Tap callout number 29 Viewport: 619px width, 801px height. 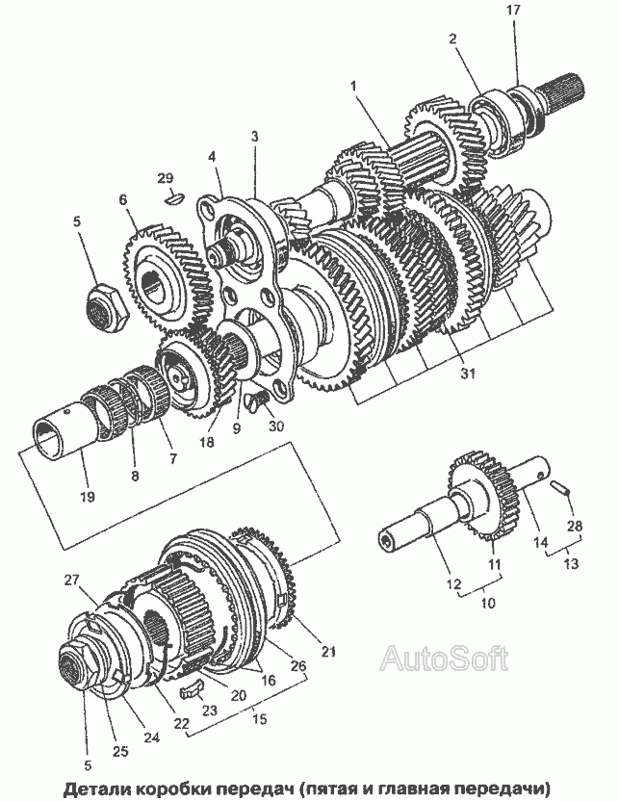click(166, 178)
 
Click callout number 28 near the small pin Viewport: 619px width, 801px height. click(575, 525)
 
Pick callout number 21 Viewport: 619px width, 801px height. click(328, 653)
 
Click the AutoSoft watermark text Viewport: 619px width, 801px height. click(443, 659)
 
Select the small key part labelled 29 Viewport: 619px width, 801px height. click(175, 199)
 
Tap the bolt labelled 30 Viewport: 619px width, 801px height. click(257, 398)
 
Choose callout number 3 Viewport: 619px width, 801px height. click(255, 138)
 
